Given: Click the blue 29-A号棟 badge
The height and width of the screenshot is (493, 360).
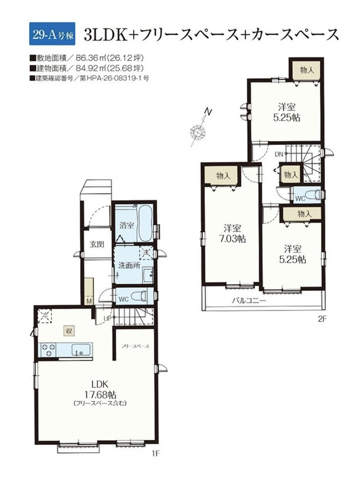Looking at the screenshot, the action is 52,35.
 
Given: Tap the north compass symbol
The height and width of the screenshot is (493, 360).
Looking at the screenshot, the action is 200,129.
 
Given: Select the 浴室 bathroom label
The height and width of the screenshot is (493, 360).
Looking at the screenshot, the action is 127,225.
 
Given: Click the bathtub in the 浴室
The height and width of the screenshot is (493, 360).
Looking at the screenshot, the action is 145,222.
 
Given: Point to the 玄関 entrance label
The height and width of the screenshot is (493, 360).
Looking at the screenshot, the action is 97,244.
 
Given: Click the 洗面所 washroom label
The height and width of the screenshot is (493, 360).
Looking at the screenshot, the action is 129,265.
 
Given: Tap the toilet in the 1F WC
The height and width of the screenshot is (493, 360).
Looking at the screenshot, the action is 139,296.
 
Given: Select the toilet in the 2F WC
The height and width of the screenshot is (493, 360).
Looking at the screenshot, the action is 312,195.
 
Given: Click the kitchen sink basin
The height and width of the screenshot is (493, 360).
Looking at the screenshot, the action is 81,349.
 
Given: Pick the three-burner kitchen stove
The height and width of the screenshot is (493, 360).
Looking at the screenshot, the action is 47,350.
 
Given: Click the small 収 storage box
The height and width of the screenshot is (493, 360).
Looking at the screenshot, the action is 68,330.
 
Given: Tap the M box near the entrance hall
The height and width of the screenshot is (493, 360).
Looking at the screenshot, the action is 89,301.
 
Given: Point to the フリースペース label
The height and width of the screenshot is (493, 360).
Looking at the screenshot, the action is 136,346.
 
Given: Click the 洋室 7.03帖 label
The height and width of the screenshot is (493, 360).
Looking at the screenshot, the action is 232,234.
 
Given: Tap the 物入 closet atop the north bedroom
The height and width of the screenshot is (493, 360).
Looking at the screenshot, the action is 306,70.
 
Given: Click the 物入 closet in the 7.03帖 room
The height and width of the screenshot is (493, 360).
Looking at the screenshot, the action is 223,176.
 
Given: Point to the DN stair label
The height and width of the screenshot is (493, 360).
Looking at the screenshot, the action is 279,153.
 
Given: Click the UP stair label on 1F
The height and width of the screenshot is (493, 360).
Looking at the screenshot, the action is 107,319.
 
